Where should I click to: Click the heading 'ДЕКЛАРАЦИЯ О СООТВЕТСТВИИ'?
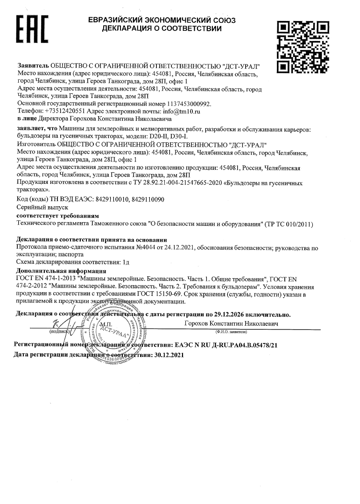pos(162,29)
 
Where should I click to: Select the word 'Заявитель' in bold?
pos(33,66)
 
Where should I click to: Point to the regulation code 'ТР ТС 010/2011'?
pos(290,224)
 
